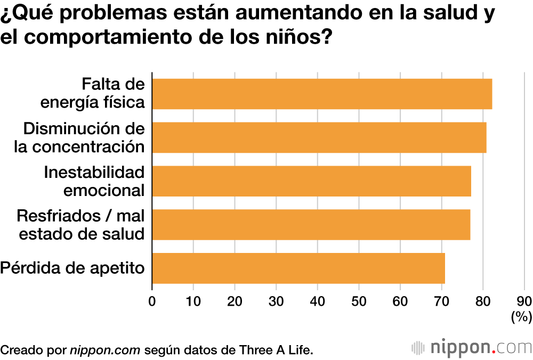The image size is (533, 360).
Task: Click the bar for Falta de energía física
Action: coord(322,94)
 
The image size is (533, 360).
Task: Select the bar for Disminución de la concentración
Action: coord(319,137)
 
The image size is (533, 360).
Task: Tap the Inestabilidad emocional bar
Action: coord(312,181)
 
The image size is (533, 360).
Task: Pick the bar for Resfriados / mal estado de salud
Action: coord(311,224)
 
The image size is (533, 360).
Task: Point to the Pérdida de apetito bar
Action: coord(298,268)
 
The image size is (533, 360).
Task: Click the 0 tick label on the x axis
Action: coord(152,301)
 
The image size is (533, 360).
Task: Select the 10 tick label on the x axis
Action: coord(193,301)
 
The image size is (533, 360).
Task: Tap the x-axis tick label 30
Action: coord(276,301)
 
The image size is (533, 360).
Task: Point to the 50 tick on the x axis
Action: coord(359,301)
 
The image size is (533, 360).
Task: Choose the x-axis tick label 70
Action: coord(441,301)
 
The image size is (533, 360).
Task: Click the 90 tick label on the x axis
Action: coord(524,301)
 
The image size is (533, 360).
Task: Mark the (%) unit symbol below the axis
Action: coord(521,317)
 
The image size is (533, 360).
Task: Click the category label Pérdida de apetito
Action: coord(72,268)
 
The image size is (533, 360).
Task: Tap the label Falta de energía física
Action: coord(93,94)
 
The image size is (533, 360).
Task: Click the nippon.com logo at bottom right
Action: coord(472,348)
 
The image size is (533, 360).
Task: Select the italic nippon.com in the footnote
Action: coord(105,350)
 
